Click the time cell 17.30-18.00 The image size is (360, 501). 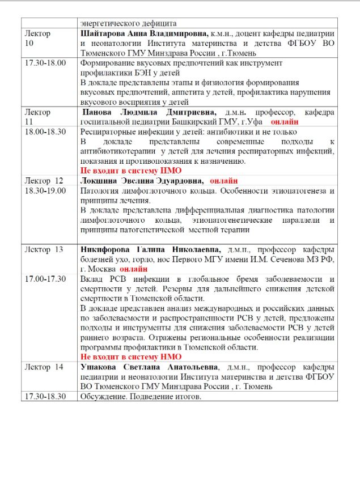coord(45,63)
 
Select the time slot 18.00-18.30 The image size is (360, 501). coord(45,131)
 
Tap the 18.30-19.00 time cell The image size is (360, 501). coord(45,190)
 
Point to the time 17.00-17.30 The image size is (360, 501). coord(45,279)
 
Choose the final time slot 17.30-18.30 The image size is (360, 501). coord(45,396)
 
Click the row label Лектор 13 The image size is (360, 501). coord(44,249)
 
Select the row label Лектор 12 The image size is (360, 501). coord(44,180)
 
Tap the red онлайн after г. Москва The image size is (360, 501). coord(134,269)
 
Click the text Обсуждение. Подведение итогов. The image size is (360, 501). coord(141,396)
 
